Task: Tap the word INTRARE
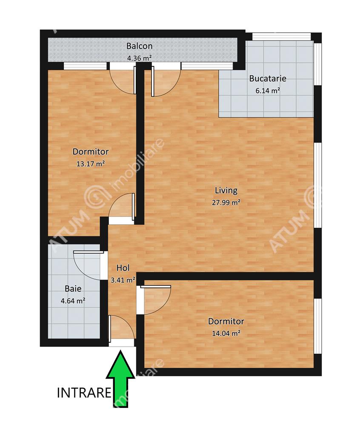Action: click(84, 393)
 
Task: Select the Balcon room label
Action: click(139, 46)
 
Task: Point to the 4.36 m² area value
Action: click(139, 58)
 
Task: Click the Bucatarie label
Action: click(267, 78)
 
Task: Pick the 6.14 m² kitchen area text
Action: click(267, 91)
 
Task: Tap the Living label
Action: click(226, 191)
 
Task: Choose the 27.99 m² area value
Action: click(226, 202)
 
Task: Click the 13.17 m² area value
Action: click(90, 164)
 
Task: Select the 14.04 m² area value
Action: click(226, 333)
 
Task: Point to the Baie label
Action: click(73, 289)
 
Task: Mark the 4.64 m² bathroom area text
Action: click(73, 301)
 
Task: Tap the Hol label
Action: click(123, 268)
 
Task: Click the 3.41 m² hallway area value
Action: click(123, 280)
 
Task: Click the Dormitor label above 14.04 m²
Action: click(226, 321)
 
